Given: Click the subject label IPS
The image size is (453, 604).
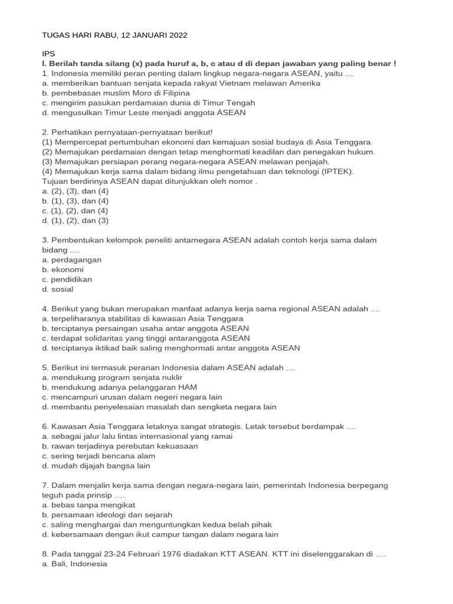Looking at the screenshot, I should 48,53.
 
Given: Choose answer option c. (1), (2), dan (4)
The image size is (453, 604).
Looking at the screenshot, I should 75,211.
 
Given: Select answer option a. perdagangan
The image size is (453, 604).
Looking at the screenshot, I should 72,260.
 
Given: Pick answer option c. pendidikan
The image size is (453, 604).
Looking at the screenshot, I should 67,279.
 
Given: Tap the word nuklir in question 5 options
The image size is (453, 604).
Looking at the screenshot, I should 170,377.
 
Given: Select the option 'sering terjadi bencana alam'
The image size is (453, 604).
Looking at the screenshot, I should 99,456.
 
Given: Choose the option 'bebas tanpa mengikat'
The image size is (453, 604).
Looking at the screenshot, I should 88,505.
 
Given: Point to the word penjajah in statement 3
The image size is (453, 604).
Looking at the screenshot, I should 313,162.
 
